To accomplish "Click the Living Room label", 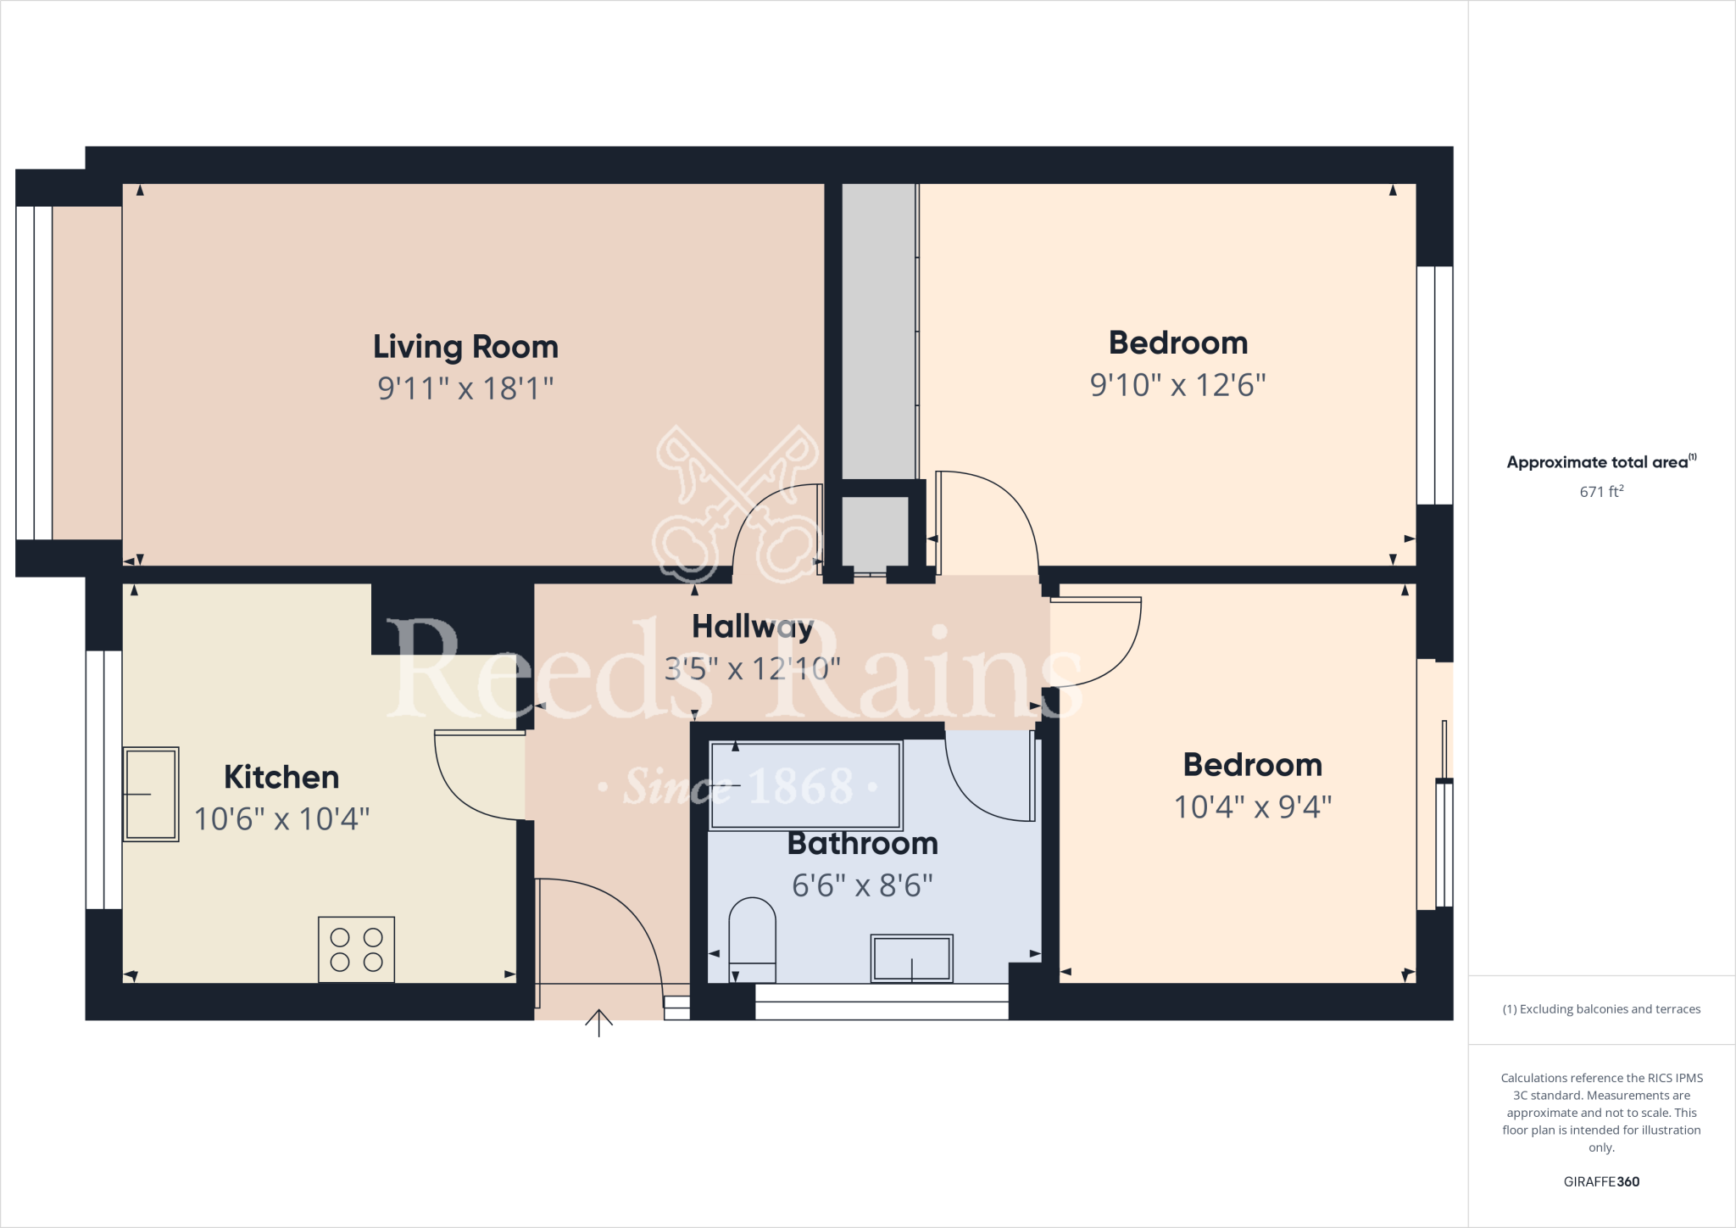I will (x=465, y=347).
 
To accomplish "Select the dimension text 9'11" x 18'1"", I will (x=465, y=388).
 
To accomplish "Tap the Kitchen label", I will (x=281, y=777).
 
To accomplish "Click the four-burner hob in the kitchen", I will (x=356, y=949).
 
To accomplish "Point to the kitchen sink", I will (x=151, y=794).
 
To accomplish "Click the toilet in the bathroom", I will (x=752, y=940).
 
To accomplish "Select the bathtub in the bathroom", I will (x=805, y=785).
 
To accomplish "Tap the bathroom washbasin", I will (x=911, y=958).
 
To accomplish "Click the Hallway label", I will (x=752, y=627).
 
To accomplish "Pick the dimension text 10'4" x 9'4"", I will (x=1252, y=807).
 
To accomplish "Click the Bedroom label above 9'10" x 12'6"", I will (x=1178, y=343).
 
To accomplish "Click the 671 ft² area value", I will (x=1601, y=492).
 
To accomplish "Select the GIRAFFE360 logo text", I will (x=1601, y=1181).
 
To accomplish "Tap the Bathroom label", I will (x=863, y=844).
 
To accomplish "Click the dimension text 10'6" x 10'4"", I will (x=281, y=819).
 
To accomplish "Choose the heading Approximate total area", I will (x=1598, y=462).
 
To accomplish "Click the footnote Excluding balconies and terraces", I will (x=1601, y=1009).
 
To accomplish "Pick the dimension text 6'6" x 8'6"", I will (x=862, y=885).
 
